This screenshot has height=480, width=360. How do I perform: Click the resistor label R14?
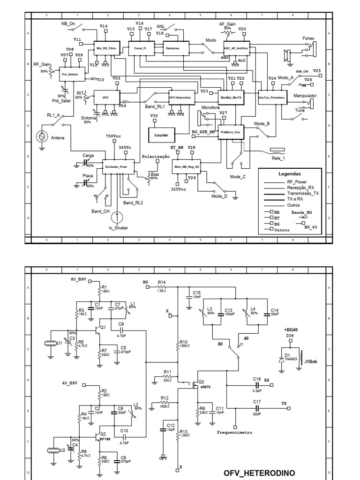pos(162,282)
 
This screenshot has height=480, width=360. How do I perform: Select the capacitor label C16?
pos(257,378)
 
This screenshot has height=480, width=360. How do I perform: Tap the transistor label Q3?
pos(202,381)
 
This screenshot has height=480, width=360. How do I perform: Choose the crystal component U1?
pos(51,344)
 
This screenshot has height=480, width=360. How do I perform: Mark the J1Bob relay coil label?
pos(311,361)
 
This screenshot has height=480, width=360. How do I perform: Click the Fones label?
pos(309,38)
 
